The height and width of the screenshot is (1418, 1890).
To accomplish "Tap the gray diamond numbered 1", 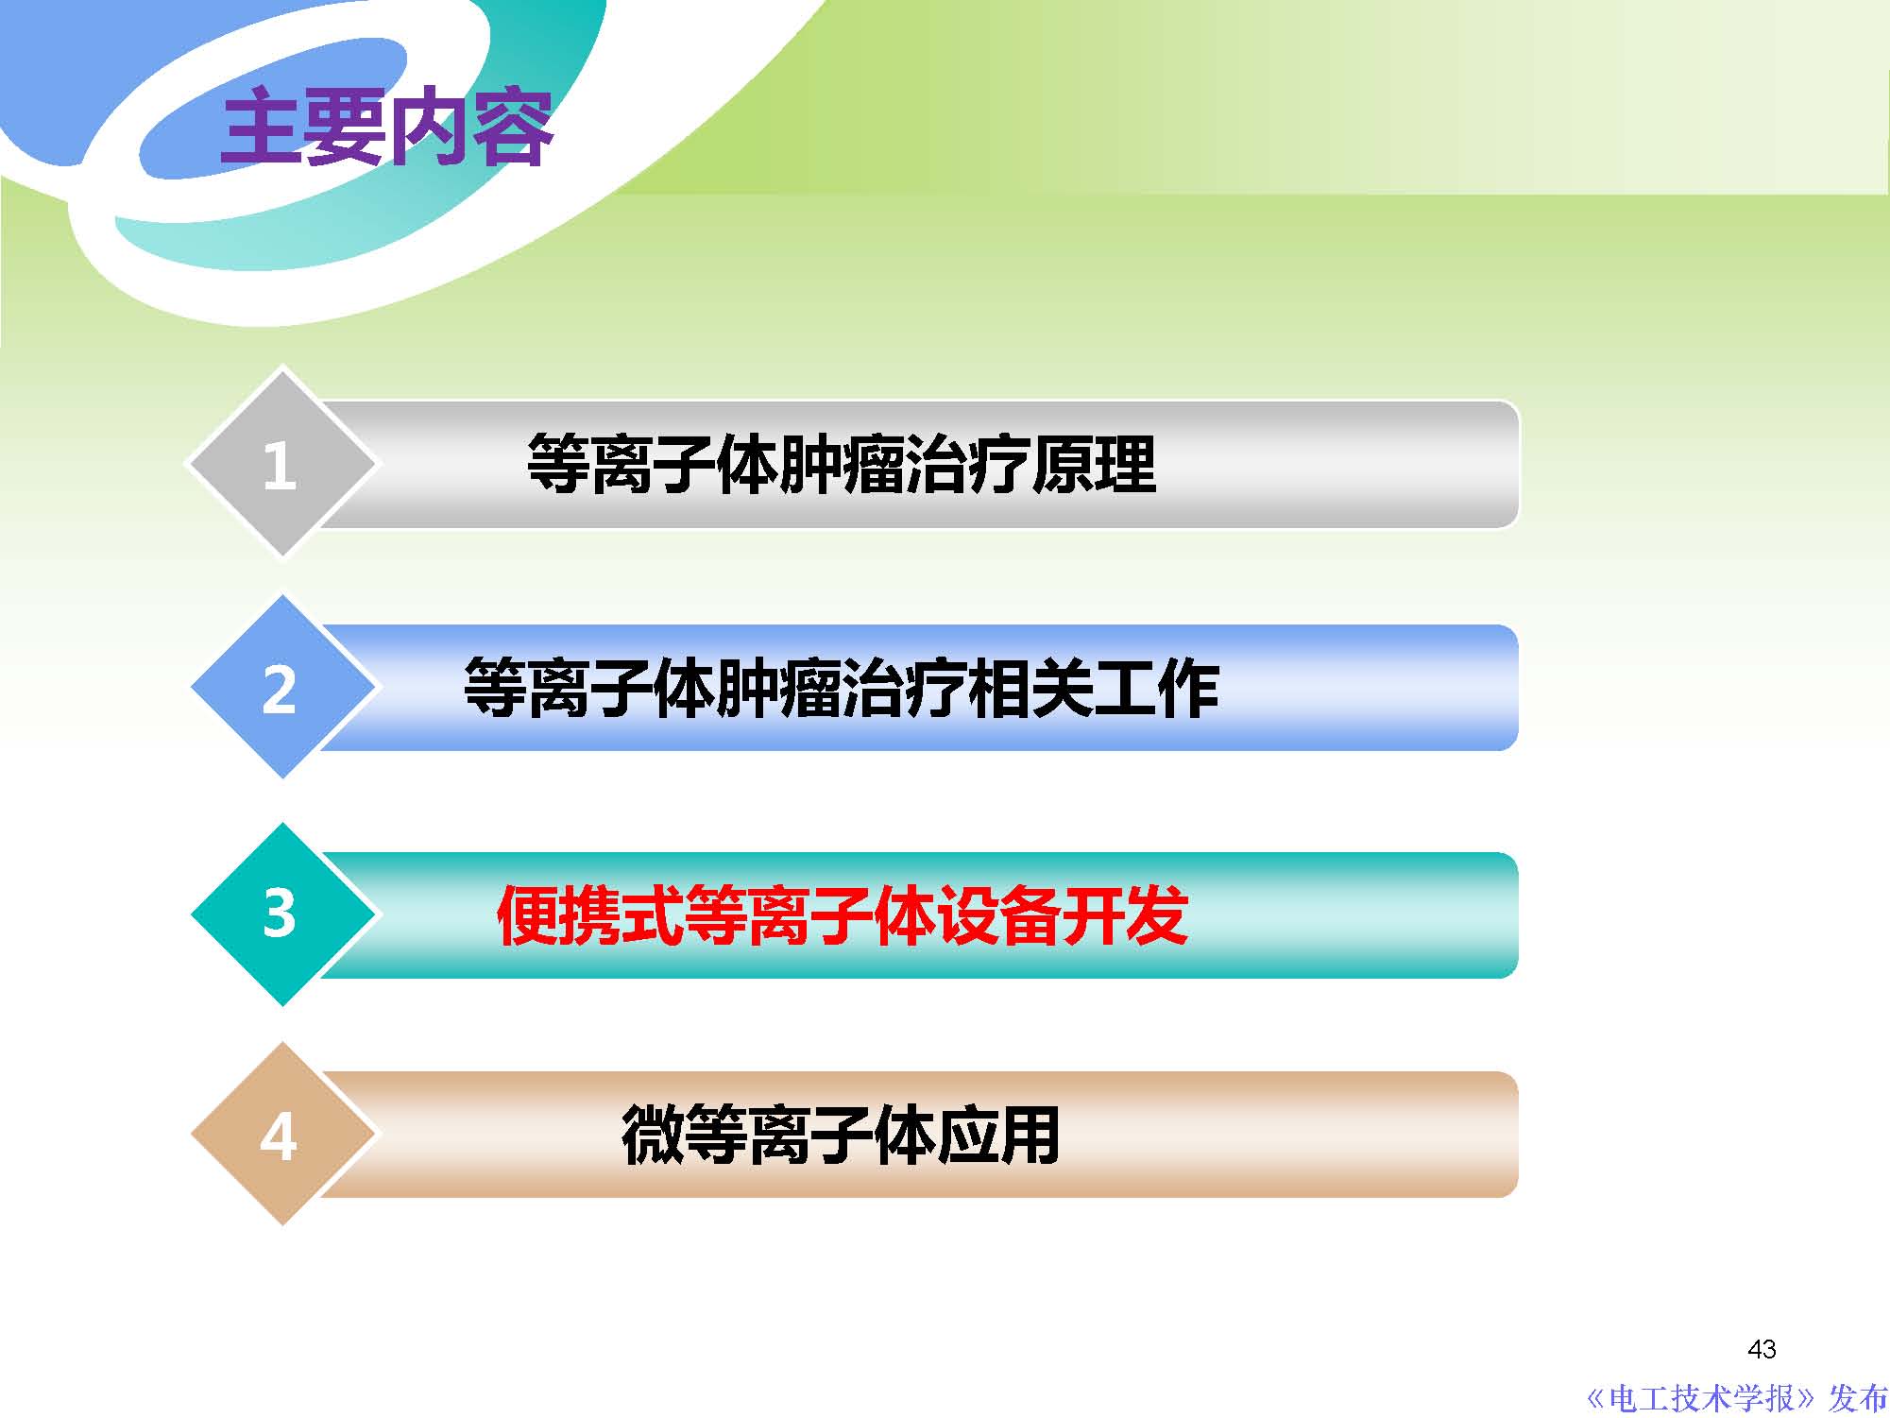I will pos(281,464).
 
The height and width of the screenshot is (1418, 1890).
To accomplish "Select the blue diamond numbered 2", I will pos(281,688).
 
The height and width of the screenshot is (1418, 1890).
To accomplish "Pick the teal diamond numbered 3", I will pos(281,914).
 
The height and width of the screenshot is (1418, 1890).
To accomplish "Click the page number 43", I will pos(1762,1349).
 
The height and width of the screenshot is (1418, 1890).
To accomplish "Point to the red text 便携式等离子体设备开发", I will pos(842,915).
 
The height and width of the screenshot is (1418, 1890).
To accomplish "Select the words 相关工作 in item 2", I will pos(1094,688).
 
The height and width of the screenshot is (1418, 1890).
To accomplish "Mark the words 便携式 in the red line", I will pos(589,915).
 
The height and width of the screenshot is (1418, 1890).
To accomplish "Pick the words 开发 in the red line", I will pos(1126,915).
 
